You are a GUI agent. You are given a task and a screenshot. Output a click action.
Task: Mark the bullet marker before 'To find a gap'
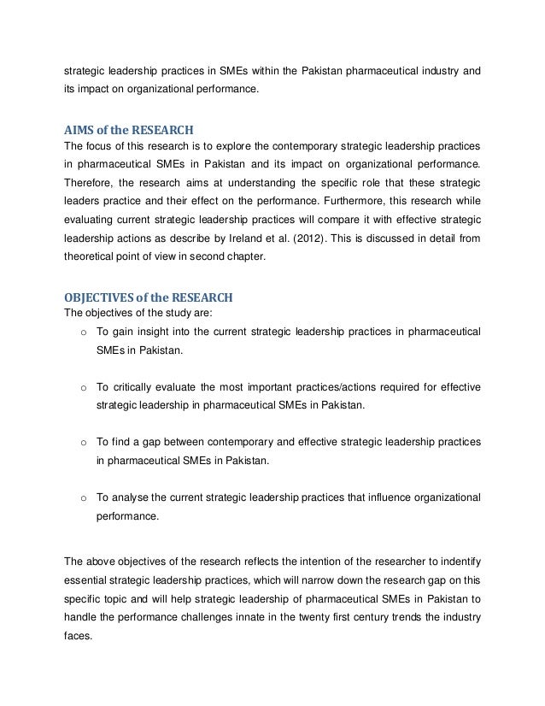(x=84, y=443)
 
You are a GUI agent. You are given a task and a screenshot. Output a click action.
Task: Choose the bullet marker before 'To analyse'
(x=84, y=497)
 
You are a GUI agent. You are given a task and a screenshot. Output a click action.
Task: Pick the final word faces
(x=79, y=638)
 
